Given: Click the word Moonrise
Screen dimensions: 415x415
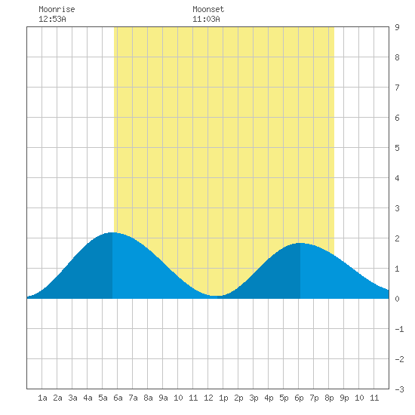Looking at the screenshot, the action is [x=57, y=9].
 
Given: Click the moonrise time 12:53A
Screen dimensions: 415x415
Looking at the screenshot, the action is [x=52, y=19].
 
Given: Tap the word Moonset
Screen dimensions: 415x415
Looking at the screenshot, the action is [x=208, y=9].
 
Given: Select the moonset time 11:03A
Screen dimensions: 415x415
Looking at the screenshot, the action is [x=206, y=19].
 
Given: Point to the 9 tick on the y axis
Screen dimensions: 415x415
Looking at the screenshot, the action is [x=397, y=27].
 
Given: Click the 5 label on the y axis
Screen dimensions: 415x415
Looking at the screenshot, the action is [x=397, y=148].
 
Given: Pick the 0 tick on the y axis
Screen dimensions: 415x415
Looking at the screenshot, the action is [x=397, y=299].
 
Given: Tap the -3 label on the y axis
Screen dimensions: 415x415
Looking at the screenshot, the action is [x=399, y=389].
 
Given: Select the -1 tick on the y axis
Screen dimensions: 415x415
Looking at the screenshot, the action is [x=399, y=329].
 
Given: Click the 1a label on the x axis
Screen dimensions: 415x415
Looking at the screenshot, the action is [x=42, y=398].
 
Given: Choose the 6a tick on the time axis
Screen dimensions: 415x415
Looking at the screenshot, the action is [x=118, y=398].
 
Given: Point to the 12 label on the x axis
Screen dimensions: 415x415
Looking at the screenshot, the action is [x=208, y=398].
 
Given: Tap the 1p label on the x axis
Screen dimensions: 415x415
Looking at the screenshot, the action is [x=223, y=398].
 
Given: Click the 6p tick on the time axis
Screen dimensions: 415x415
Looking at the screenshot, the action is [x=299, y=398].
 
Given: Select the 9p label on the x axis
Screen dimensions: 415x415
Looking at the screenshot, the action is [x=344, y=398].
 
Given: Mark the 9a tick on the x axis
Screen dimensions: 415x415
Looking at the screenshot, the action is [x=163, y=398].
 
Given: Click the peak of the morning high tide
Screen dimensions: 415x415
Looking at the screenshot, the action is [x=112, y=232].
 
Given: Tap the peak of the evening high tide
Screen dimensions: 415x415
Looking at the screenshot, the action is [x=300, y=243].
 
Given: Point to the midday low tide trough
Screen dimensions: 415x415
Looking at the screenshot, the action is [x=217, y=296].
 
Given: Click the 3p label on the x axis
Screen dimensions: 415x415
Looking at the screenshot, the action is [x=254, y=398].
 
